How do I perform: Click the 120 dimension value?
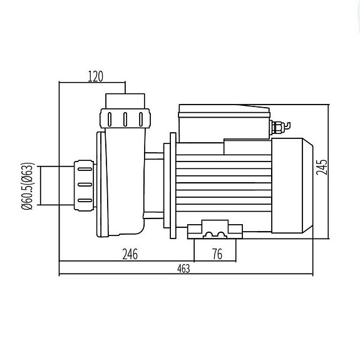click(96, 76)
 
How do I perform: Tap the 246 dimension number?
click(130, 254)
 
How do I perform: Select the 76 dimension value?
click(217, 254)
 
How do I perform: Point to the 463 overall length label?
click(183, 269)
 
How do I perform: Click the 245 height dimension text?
click(321, 167)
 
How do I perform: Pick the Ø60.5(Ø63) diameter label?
click(28, 186)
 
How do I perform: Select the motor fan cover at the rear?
click(292, 185)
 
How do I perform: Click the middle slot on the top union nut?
click(125, 120)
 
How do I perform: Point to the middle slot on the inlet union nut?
click(85, 185)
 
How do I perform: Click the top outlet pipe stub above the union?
click(125, 101)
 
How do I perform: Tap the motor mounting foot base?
click(215, 230)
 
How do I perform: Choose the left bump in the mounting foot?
click(208, 234)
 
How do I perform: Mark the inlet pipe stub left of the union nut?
click(57, 185)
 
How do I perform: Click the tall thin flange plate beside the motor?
click(173, 185)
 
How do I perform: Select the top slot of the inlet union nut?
click(85, 169)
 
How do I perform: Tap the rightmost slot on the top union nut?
click(141, 120)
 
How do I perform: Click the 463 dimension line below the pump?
click(186, 274)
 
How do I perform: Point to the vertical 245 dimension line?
click(329, 172)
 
